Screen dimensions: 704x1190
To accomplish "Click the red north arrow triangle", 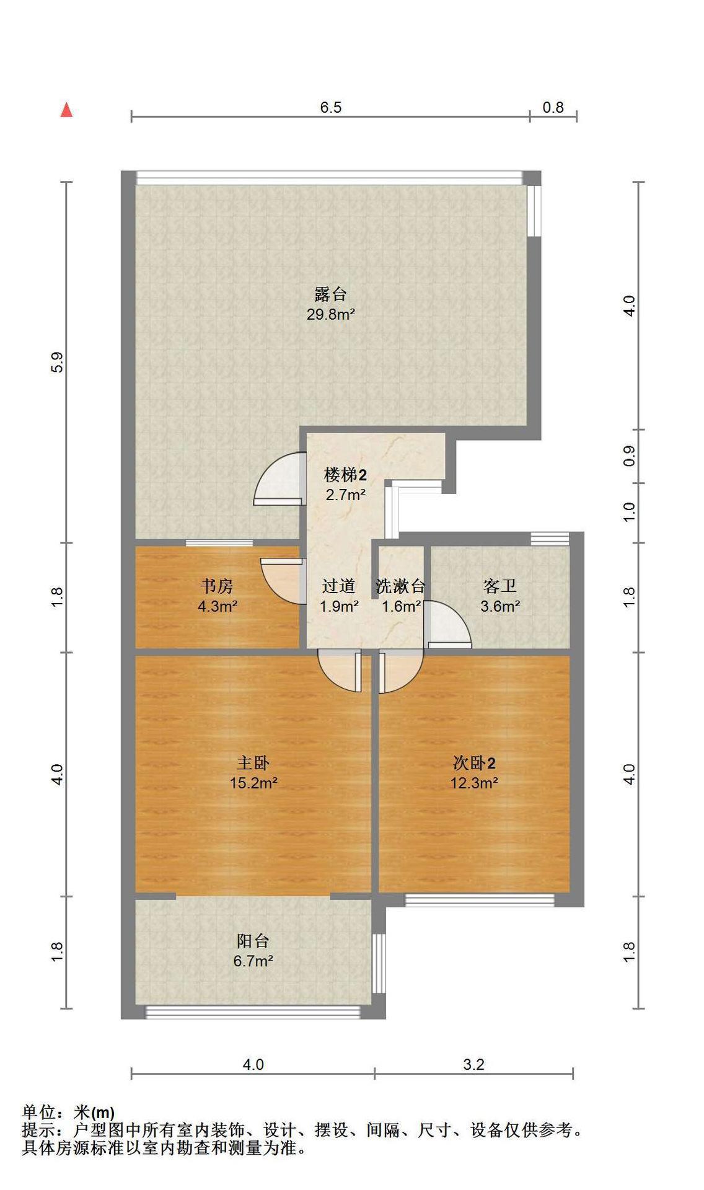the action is click(x=66, y=110).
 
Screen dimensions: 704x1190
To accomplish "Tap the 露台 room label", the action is click(x=330, y=294).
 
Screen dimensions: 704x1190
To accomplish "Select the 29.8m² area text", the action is click(x=330, y=314).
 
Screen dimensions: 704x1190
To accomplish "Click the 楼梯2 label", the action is click(x=345, y=475).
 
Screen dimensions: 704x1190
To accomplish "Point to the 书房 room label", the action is click(x=217, y=586).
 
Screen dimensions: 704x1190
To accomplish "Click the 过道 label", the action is click(x=338, y=586).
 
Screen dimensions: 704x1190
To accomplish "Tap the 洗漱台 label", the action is click(x=400, y=586).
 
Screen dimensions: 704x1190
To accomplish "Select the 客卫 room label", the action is click(x=499, y=586).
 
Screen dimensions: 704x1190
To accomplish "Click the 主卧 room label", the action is click(x=253, y=762).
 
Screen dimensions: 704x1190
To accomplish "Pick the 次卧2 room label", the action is click(x=474, y=762).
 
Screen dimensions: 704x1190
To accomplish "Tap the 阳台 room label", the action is click(x=253, y=941).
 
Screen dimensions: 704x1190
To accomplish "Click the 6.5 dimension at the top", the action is click(x=330, y=107).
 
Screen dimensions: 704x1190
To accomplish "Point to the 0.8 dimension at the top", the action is click(x=553, y=107).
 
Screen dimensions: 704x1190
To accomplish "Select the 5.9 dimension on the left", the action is click(x=58, y=362).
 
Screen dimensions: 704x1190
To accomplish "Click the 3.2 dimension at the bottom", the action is click(x=473, y=1064).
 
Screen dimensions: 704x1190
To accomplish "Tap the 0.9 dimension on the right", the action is click(x=629, y=456).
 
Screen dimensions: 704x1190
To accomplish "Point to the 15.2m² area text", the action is click(x=253, y=783).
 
